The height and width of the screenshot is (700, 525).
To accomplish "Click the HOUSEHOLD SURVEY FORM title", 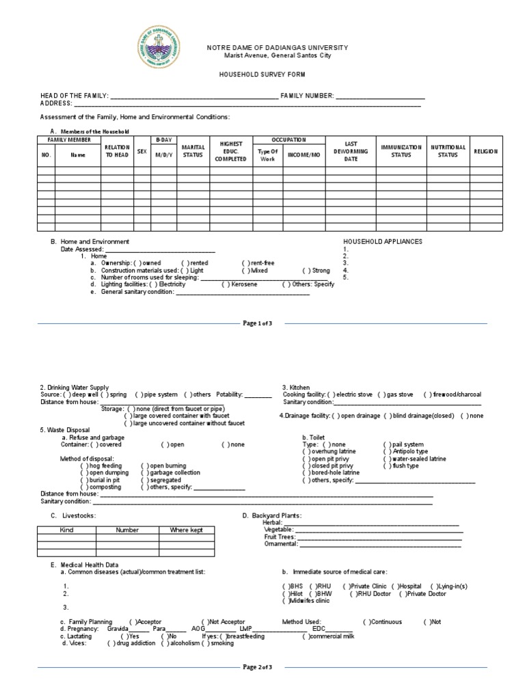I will (262, 74).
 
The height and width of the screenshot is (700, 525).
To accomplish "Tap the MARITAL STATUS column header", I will (193, 151).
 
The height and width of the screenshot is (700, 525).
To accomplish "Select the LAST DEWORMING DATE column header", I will (351, 151).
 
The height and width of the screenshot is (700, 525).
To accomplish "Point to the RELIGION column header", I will (485, 151).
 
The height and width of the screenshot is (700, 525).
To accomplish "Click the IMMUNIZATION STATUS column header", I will (401, 151).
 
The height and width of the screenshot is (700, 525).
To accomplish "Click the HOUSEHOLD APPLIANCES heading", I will (382, 242).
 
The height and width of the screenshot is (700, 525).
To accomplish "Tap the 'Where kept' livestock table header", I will (186, 530).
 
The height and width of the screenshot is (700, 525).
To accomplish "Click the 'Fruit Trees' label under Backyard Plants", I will (279, 537).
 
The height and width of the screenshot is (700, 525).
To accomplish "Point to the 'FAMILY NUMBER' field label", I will (307, 96).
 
